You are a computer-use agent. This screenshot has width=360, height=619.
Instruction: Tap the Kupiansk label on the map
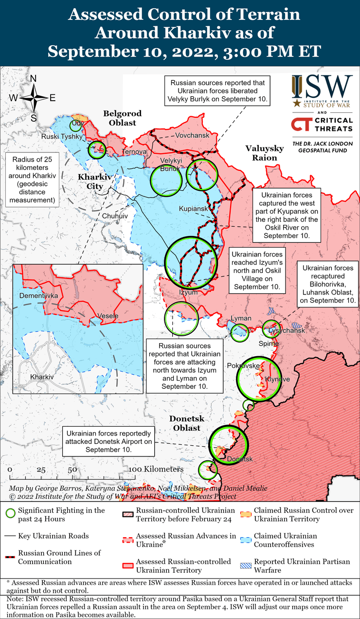[x=194, y=209]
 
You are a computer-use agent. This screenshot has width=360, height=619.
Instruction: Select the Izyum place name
[x=189, y=292]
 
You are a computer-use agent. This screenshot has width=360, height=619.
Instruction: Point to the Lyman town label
[x=241, y=318]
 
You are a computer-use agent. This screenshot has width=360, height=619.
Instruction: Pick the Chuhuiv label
[x=115, y=215]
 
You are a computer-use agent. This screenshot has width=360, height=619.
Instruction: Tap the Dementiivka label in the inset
[x=38, y=295]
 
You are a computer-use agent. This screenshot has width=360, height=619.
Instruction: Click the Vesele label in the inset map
[x=108, y=316]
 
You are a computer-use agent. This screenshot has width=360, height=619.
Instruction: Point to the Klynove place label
[x=277, y=379]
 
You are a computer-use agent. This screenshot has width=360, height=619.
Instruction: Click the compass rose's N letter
[x=34, y=78]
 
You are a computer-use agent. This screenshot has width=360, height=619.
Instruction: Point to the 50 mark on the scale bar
[x=72, y=471]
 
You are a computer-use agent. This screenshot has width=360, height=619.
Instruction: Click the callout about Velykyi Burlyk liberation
[x=218, y=91]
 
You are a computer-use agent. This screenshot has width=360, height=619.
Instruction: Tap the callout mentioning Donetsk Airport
[x=109, y=441]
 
